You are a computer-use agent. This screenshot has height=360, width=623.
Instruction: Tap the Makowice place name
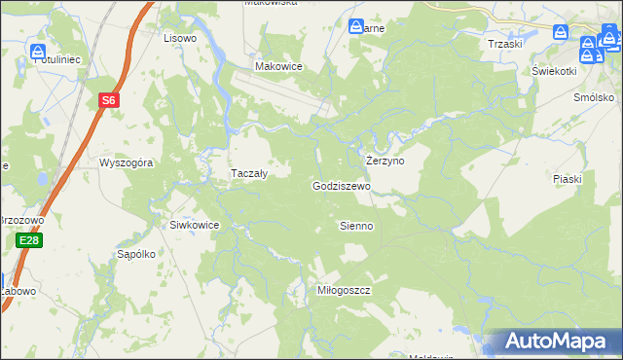click(x=278, y=66)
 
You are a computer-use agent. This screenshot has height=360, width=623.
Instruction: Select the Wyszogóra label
click(x=127, y=163)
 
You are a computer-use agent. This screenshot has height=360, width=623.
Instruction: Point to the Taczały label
click(x=248, y=173)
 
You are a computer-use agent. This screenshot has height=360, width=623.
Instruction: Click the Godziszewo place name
click(x=341, y=186)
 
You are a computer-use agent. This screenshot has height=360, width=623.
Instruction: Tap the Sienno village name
click(x=355, y=226)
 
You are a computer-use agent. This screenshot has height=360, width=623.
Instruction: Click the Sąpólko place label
click(x=136, y=254)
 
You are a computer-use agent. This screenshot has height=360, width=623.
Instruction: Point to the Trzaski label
click(x=505, y=44)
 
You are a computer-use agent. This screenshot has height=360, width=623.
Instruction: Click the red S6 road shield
click(x=110, y=99)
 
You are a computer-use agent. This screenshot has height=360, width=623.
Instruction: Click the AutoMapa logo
click(x=559, y=342)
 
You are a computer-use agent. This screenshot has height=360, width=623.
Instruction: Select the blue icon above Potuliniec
click(x=38, y=50)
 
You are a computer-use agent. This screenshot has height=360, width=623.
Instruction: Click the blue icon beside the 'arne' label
click(x=356, y=26)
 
